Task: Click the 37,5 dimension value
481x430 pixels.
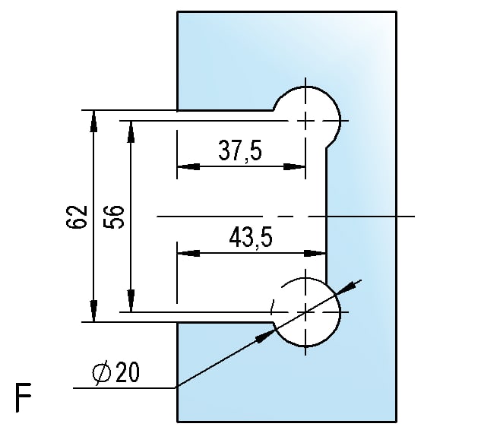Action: (240, 150)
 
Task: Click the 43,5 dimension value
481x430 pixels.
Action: (251, 237)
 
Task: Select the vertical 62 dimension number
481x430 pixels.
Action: (77, 217)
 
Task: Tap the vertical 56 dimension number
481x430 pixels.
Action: (114, 217)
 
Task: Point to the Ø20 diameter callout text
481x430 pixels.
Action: (116, 372)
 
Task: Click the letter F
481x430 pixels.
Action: (24, 397)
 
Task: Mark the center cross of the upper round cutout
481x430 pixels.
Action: (305, 121)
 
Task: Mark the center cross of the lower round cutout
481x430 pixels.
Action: (305, 312)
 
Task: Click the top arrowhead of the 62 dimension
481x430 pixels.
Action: (93, 121)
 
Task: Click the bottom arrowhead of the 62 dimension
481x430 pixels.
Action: (93, 311)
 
